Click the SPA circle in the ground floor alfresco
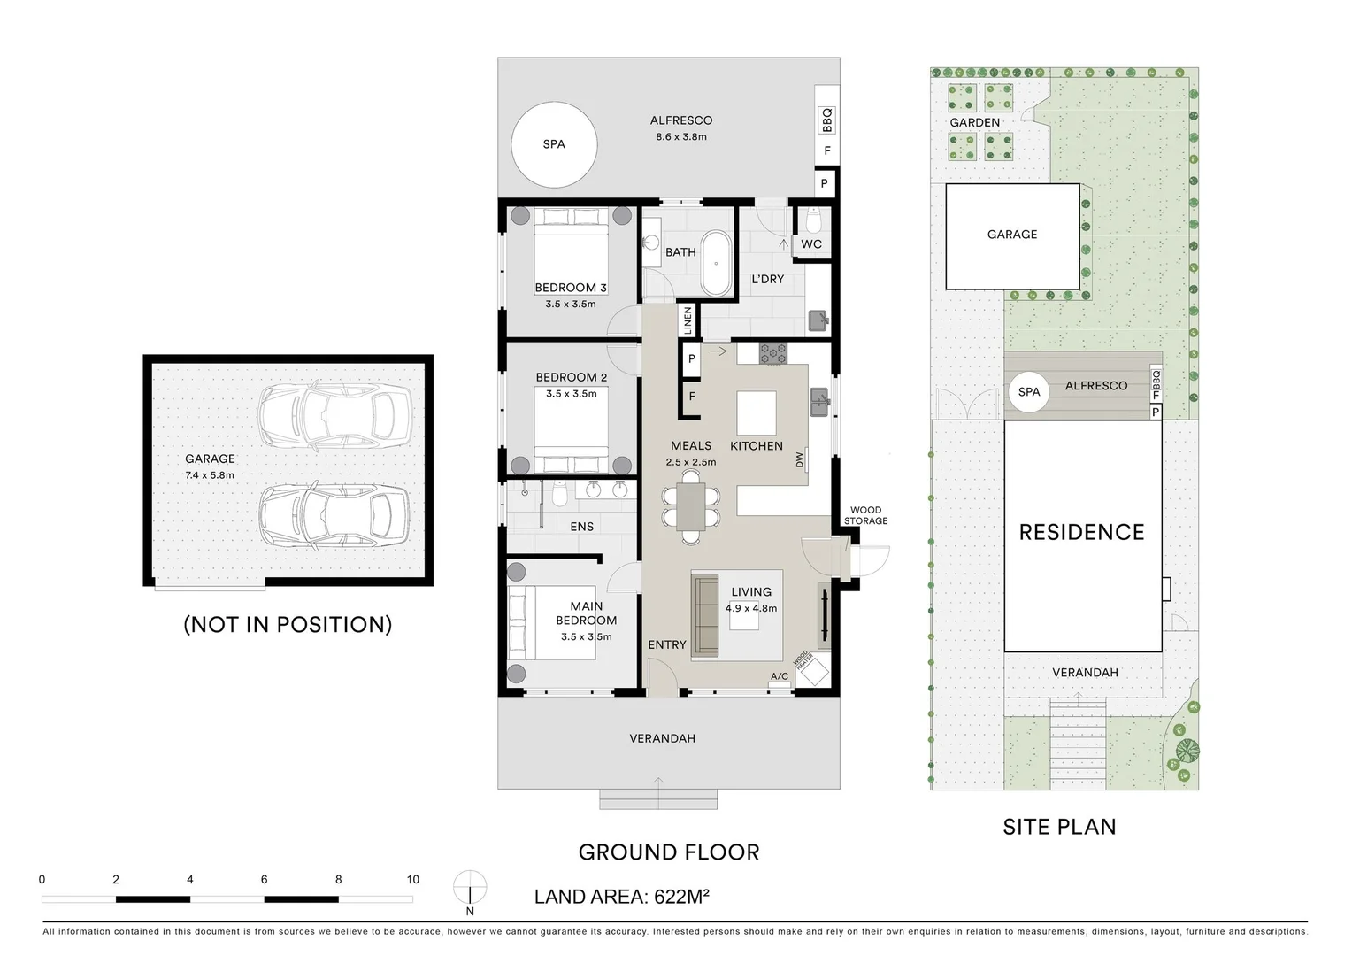point(554,144)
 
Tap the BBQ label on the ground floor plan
point(827,119)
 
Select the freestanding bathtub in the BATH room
point(716,263)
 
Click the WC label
point(811,244)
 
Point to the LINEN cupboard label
point(688,320)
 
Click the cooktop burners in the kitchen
point(773,353)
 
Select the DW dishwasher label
point(800,460)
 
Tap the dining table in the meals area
point(691,506)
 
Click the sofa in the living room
point(705,615)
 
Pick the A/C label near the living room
point(780,676)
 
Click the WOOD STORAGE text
point(865,515)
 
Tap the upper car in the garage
point(335,415)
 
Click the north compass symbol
point(470,887)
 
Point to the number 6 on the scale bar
point(264,879)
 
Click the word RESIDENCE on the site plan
point(1081,532)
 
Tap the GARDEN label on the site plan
point(975,122)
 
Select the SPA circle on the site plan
point(1028,392)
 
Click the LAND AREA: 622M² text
point(622,897)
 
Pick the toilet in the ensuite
point(560,494)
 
